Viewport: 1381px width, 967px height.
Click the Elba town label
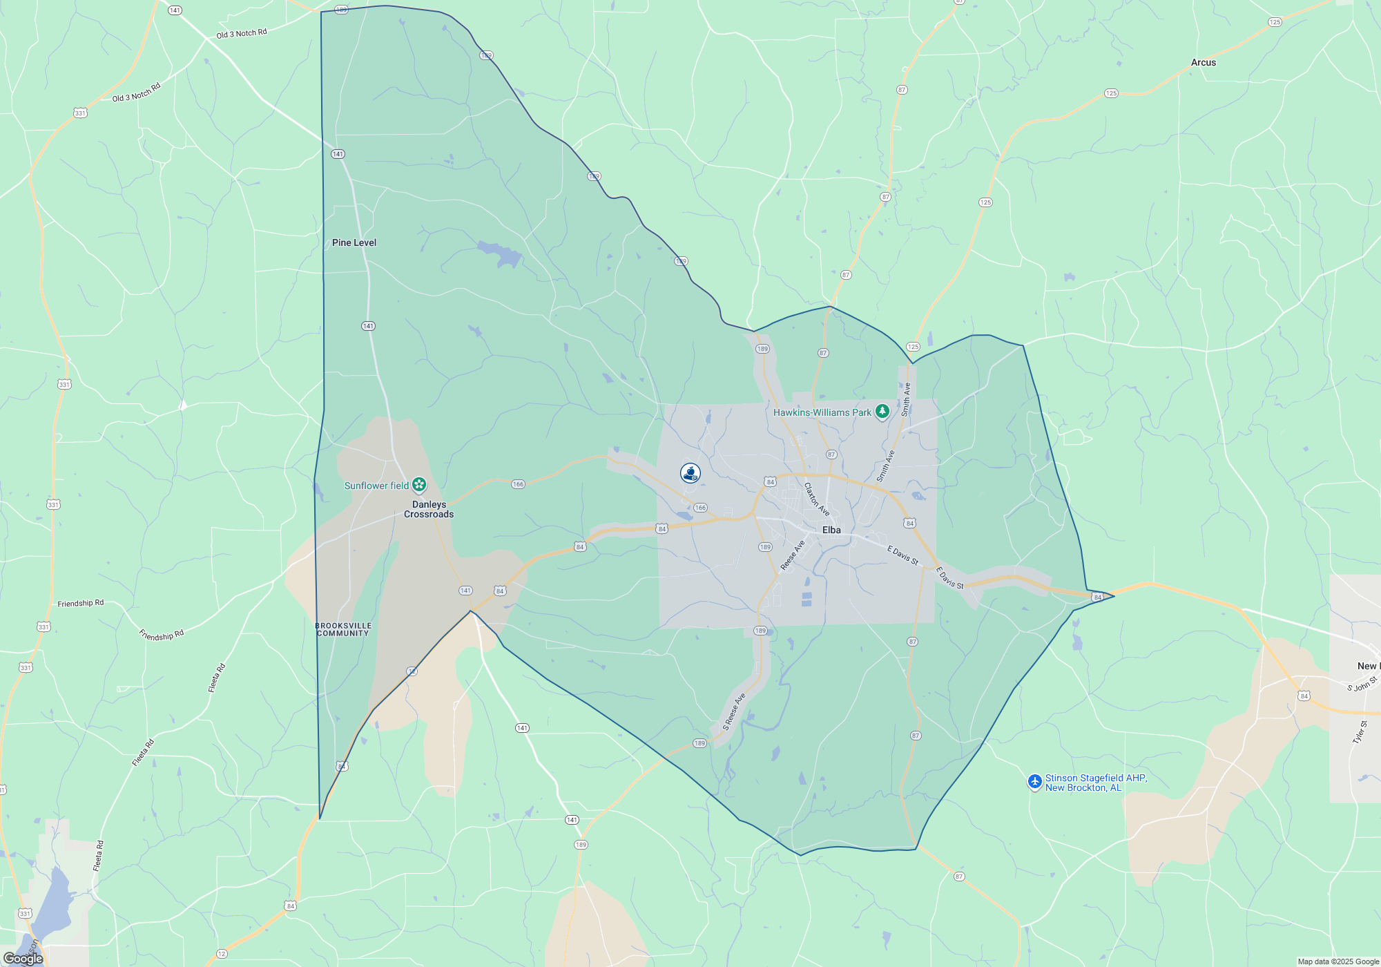coord(831,530)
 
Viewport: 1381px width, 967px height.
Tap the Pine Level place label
coord(354,242)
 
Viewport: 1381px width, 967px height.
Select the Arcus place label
coord(1204,62)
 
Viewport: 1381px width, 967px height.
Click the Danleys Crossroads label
coord(429,509)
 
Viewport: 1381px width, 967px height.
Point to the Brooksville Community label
coord(343,629)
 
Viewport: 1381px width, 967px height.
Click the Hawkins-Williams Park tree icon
coord(882,412)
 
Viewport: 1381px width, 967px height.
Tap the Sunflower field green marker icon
coord(419,485)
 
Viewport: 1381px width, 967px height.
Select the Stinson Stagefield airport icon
coord(1034,781)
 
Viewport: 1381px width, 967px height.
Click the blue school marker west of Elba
coord(690,472)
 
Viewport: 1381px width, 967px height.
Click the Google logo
coord(23,958)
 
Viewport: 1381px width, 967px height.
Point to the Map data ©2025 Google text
coord(1337,961)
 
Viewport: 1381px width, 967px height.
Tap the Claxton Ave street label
coord(816,499)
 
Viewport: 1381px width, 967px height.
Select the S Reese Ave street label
coord(734,711)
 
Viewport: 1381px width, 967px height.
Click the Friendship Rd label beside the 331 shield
coord(81,603)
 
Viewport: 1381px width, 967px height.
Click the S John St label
coord(1362,684)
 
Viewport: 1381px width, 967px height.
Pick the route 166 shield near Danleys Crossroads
coord(518,484)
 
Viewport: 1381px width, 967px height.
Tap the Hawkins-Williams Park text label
coord(822,412)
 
